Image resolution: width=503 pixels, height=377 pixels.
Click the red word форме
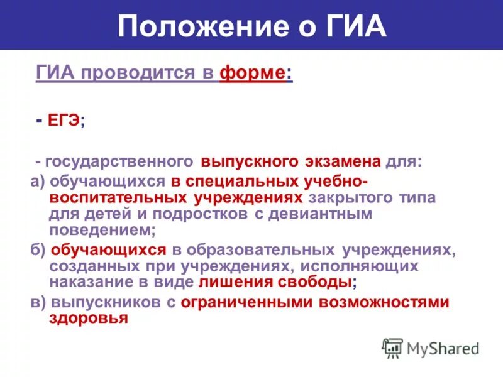(252, 73)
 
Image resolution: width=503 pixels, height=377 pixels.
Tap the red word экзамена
(342, 162)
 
